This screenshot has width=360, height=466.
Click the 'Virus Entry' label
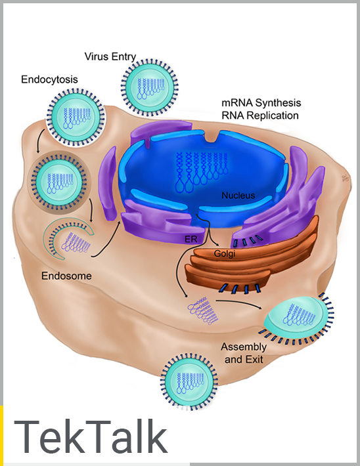[110, 56]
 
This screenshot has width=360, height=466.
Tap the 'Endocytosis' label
[49, 79]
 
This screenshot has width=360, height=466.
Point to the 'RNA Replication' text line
[261, 115]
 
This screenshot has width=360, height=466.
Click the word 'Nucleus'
[238, 196]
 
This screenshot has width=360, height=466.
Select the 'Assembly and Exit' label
[244, 352]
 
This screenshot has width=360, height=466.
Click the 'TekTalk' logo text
[90, 437]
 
